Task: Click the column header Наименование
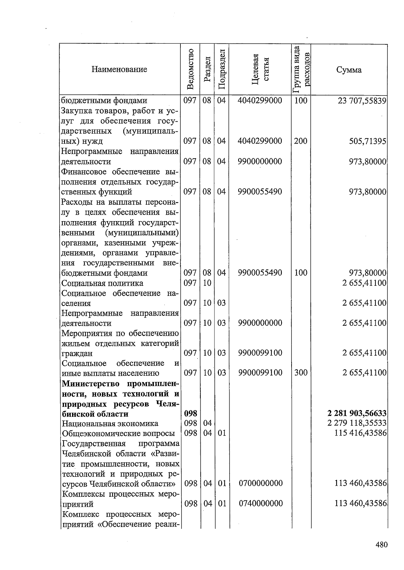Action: click(119, 70)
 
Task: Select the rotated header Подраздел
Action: click(221, 69)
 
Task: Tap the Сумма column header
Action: click(349, 70)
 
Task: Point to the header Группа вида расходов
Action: click(301, 69)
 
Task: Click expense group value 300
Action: click(301, 372)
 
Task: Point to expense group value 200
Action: click(300, 141)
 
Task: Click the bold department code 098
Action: click(191, 413)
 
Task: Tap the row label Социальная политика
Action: click(102, 283)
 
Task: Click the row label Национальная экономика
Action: click(110, 423)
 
